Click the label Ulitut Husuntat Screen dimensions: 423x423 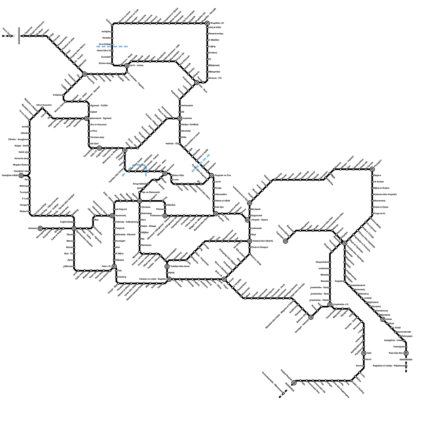pyautogui.click(x=44, y=105)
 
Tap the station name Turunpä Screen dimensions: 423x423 pyautogui.click(x=24, y=192)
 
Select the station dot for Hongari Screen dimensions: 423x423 pyautogui.click(x=30, y=205)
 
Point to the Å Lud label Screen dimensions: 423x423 pyautogui.click(x=25, y=199)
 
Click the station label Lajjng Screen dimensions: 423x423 pyautogui.click(x=212, y=46)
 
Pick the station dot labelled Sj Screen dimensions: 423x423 pyautogui.click(x=207, y=59)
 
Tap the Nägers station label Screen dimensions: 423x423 pyautogui.click(x=378, y=175)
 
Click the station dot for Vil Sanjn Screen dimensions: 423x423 pyautogui.click(x=372, y=182)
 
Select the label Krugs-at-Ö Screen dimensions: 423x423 pyautogui.click(x=379, y=213)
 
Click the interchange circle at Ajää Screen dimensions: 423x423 pyautogui.click(x=364, y=353)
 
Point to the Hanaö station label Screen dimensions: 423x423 pyautogui.click(x=369, y=359)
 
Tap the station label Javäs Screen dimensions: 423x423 pyautogui.click(x=218, y=182)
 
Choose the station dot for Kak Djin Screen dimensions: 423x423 pyautogui.click(x=214, y=207)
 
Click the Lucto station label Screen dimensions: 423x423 pyautogui.click(x=176, y=180)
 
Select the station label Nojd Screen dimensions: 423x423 pyautogui.click(x=253, y=235)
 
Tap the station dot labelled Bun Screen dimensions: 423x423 pyautogui.click(x=93, y=220)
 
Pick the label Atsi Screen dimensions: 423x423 pyautogui.click(x=118, y=247)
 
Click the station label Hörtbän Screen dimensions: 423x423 pyautogui.click(x=106, y=38)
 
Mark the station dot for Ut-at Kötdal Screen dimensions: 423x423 pyautogui.click(x=112, y=44)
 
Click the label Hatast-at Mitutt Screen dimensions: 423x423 pyautogui.click(x=223, y=201)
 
